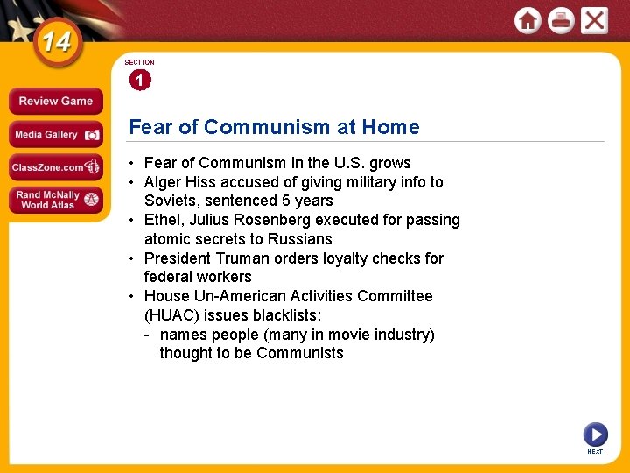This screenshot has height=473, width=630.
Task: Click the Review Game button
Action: [x=55, y=101]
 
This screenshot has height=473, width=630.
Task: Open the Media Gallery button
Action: [x=55, y=135]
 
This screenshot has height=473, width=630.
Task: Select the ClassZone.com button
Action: [x=55, y=167]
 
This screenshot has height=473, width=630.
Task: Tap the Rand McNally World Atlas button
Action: [x=55, y=200]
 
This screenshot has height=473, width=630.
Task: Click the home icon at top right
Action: [x=528, y=20]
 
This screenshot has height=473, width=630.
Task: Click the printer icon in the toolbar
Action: [x=561, y=20]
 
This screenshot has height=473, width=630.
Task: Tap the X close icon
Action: [x=594, y=20]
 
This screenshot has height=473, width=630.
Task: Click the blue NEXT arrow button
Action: [x=595, y=434]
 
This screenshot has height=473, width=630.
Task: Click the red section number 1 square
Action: [x=139, y=81]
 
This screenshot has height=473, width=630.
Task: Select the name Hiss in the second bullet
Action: [x=201, y=182]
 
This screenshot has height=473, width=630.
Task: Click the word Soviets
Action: [x=171, y=201]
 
